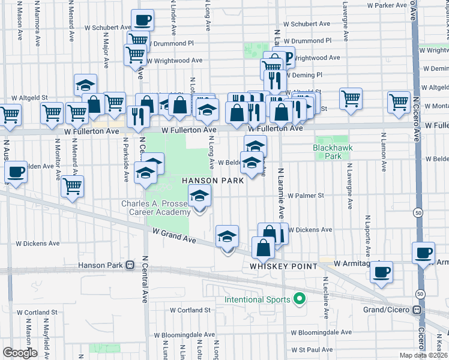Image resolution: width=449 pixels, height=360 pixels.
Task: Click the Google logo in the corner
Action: (19, 353)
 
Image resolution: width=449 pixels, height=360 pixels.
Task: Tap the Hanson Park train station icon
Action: (130, 265)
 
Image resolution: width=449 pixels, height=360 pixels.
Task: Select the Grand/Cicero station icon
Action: (415, 310)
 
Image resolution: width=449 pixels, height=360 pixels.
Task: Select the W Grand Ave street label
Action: (174, 235)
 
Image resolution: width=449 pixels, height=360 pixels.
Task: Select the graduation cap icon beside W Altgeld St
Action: (85, 85)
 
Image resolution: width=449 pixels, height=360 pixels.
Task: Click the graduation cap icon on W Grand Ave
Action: (227, 236)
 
